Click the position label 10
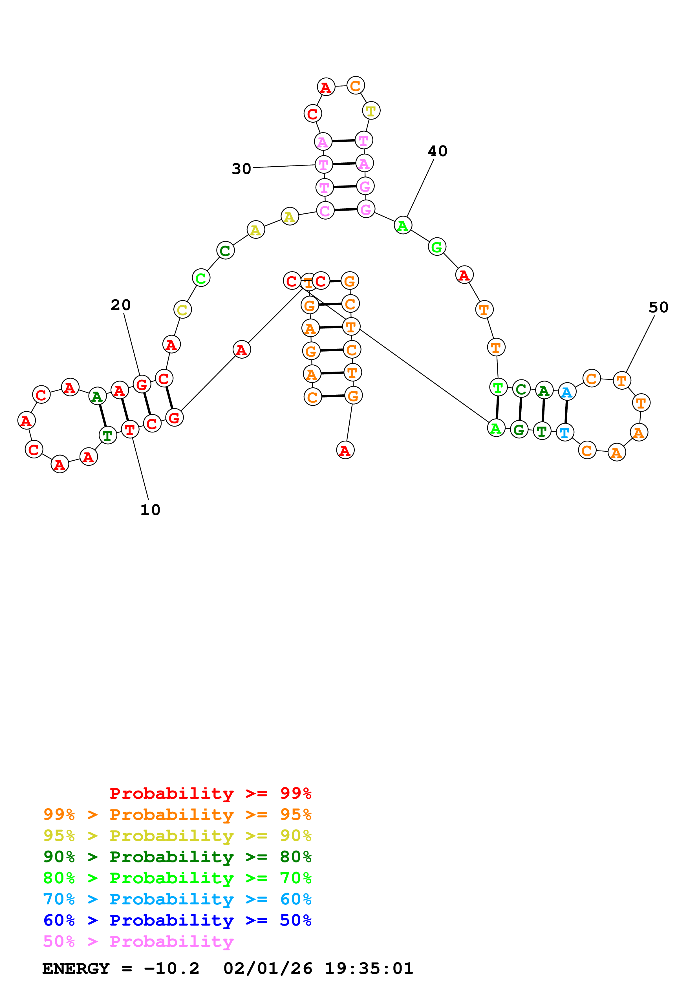pos(150,510)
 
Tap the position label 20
pos(121,305)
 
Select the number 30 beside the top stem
pos(241,169)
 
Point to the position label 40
pos(438,151)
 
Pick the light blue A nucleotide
pos(567,392)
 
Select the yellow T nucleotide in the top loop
pos(371,111)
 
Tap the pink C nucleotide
pos(325,210)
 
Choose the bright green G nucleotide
pos(437,247)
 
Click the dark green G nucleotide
pos(519,429)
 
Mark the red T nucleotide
pos(130,429)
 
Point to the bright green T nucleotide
pos(498,388)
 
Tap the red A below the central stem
pos(345,450)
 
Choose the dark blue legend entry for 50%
pos(177,920)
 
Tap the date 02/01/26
pos(268,968)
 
